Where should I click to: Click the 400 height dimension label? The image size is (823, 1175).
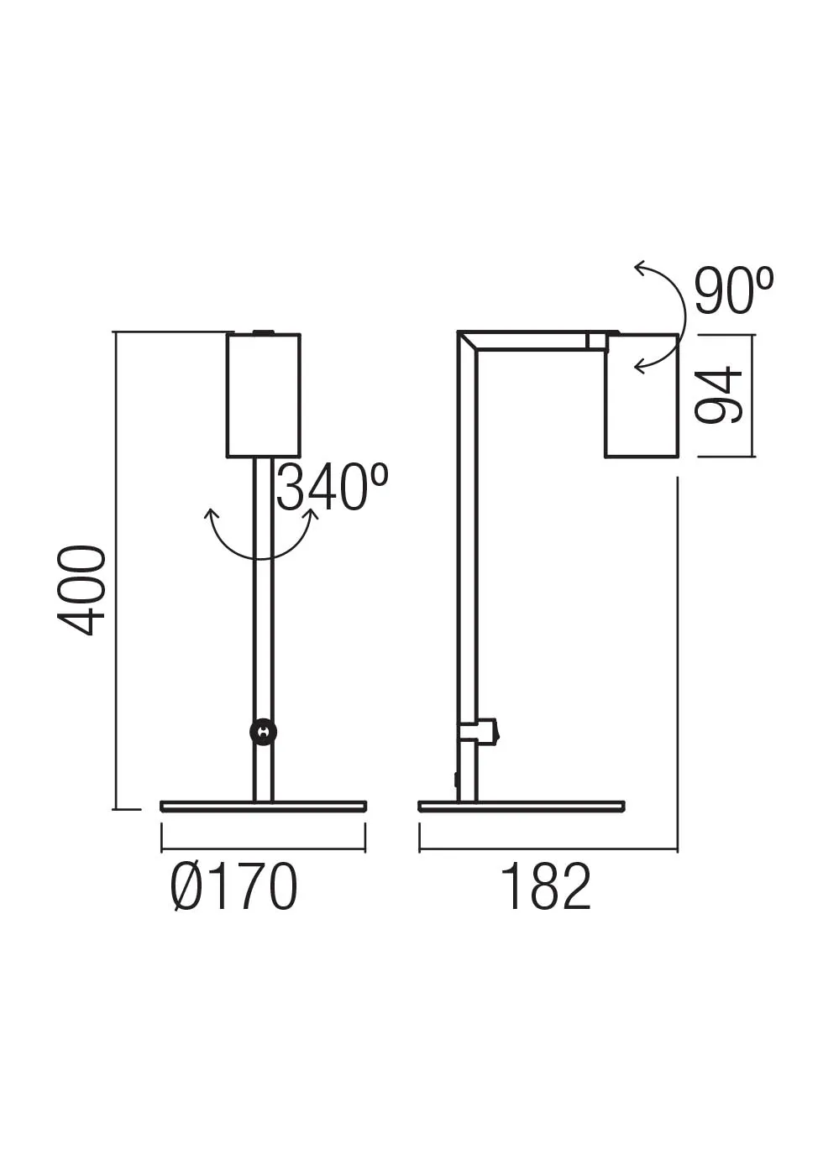(x=82, y=590)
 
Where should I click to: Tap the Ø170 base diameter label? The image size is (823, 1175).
(x=234, y=887)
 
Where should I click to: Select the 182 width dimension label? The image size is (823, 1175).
(x=546, y=887)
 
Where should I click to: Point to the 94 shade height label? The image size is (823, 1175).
(x=721, y=395)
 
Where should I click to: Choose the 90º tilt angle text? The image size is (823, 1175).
(x=733, y=292)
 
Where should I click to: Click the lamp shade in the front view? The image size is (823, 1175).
(x=264, y=395)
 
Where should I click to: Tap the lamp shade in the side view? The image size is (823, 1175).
(x=642, y=395)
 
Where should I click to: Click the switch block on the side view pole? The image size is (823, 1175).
(x=486, y=731)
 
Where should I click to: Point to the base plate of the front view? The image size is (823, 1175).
(x=264, y=807)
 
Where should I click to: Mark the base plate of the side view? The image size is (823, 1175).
(x=522, y=807)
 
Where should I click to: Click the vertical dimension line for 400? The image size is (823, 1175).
(x=116, y=571)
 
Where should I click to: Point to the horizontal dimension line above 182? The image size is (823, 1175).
(x=548, y=849)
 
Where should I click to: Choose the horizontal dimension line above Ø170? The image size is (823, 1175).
(x=264, y=849)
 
